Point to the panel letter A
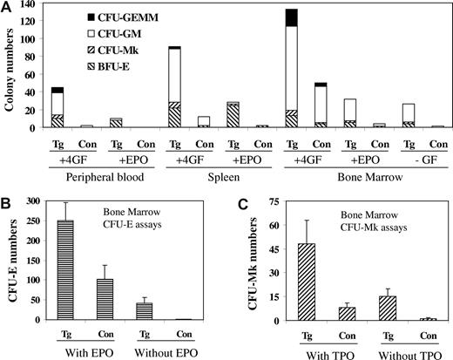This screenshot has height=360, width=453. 6,7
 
